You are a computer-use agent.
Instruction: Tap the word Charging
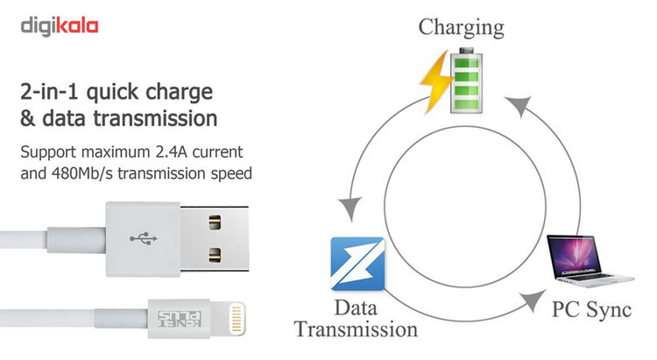pyautogui.click(x=461, y=26)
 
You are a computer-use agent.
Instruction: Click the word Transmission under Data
pyautogui.click(x=356, y=329)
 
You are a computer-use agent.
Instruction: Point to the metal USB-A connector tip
pyautogui.click(x=219, y=237)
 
